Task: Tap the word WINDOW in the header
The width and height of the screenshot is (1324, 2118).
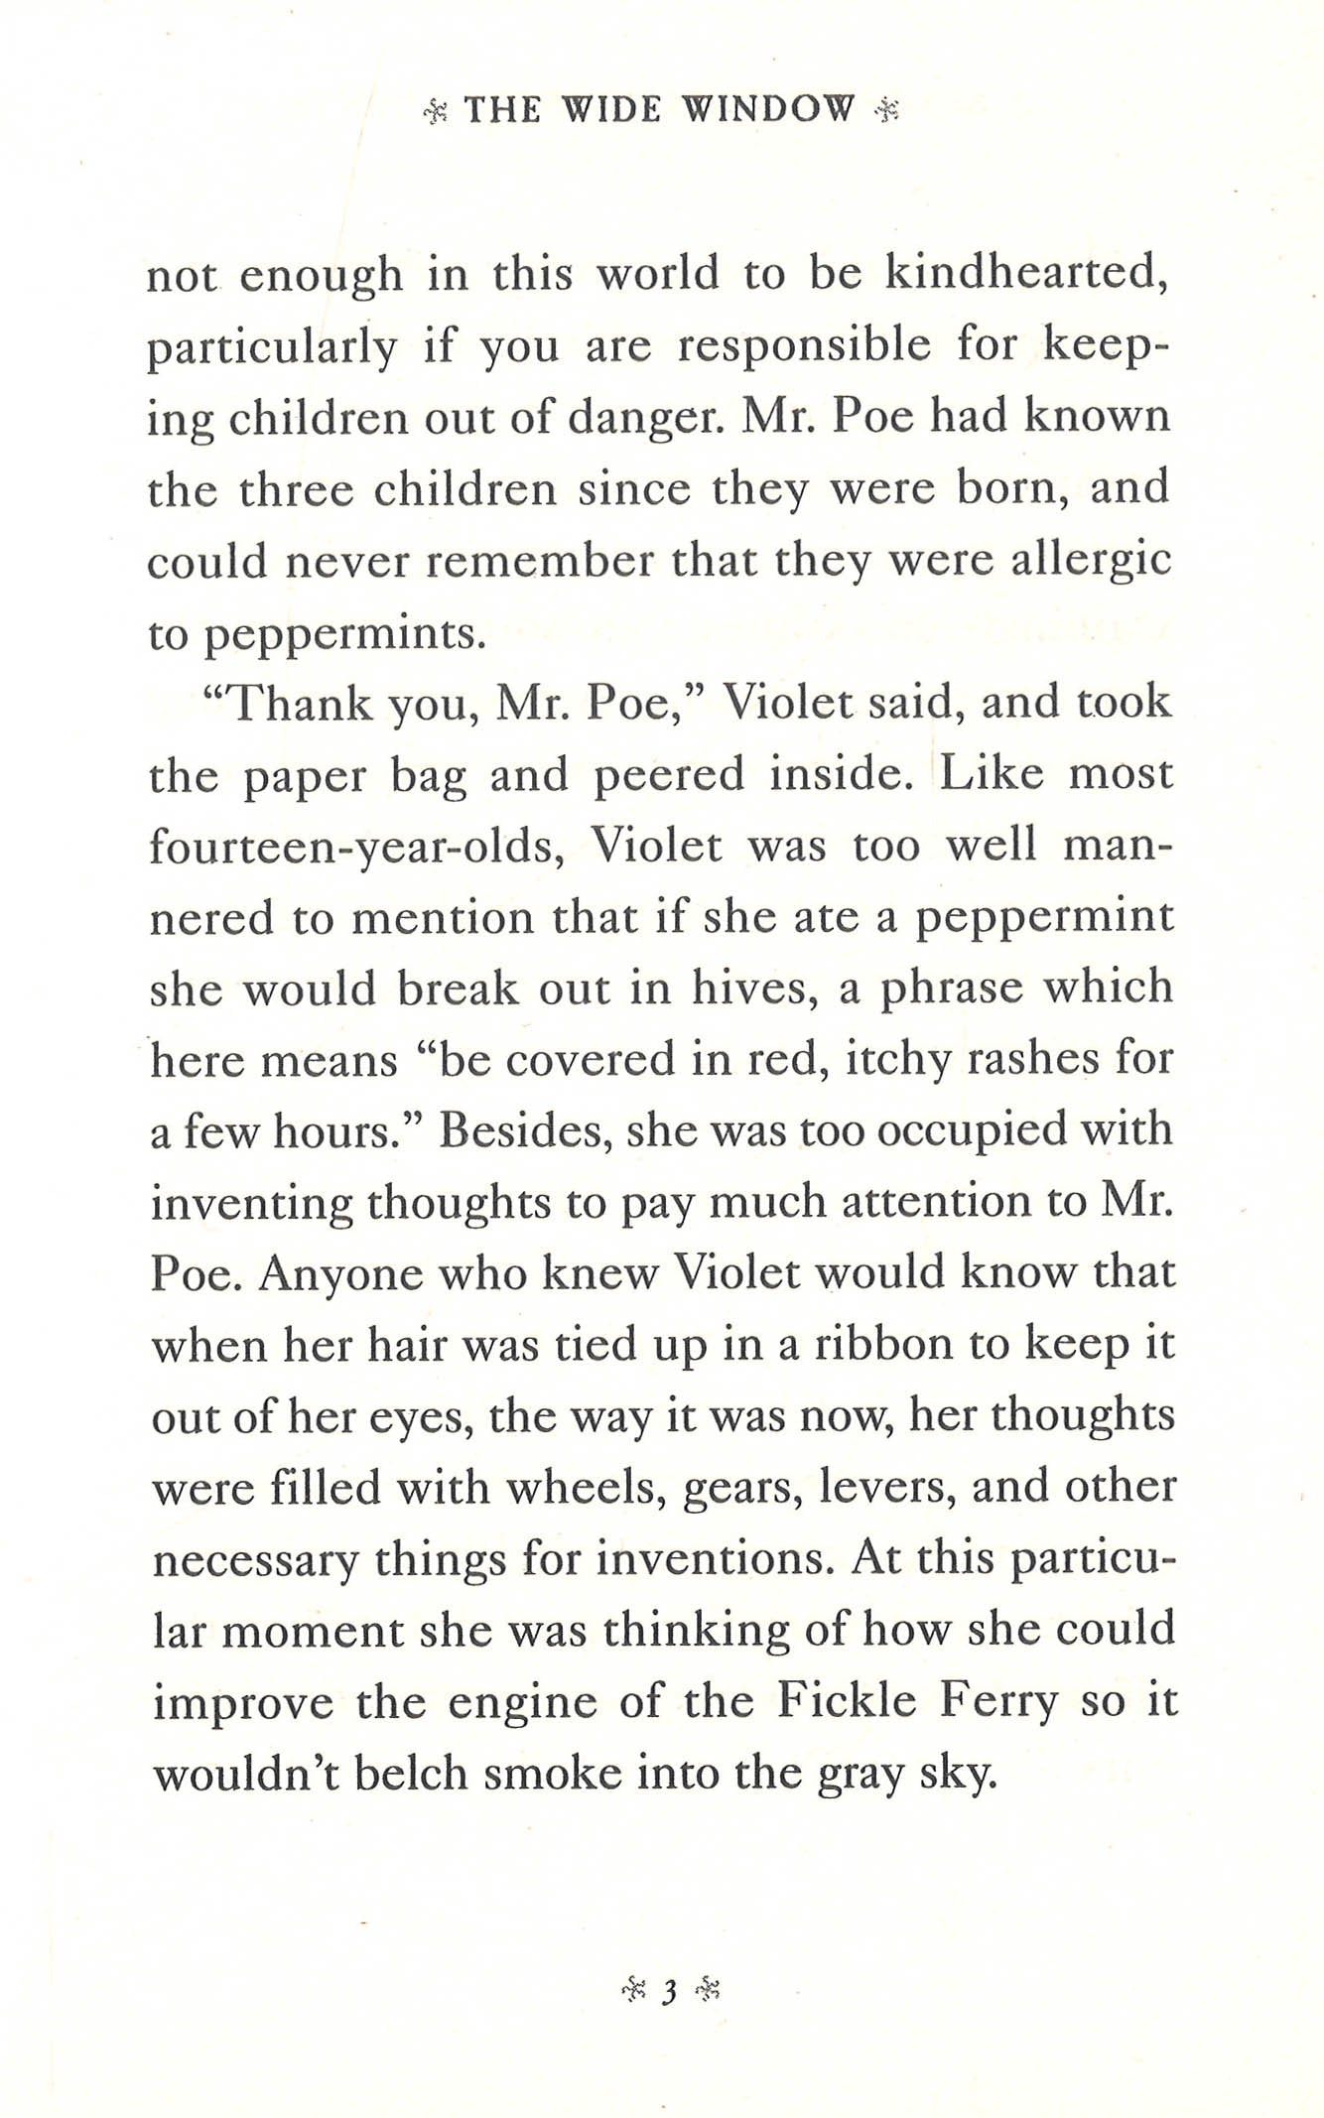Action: point(768,109)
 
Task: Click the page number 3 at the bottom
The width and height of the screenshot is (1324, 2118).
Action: point(669,1990)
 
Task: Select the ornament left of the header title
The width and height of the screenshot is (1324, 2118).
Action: point(437,111)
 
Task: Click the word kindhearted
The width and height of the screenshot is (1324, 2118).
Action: point(1026,274)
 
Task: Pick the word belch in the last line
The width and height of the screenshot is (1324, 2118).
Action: point(411,1773)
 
